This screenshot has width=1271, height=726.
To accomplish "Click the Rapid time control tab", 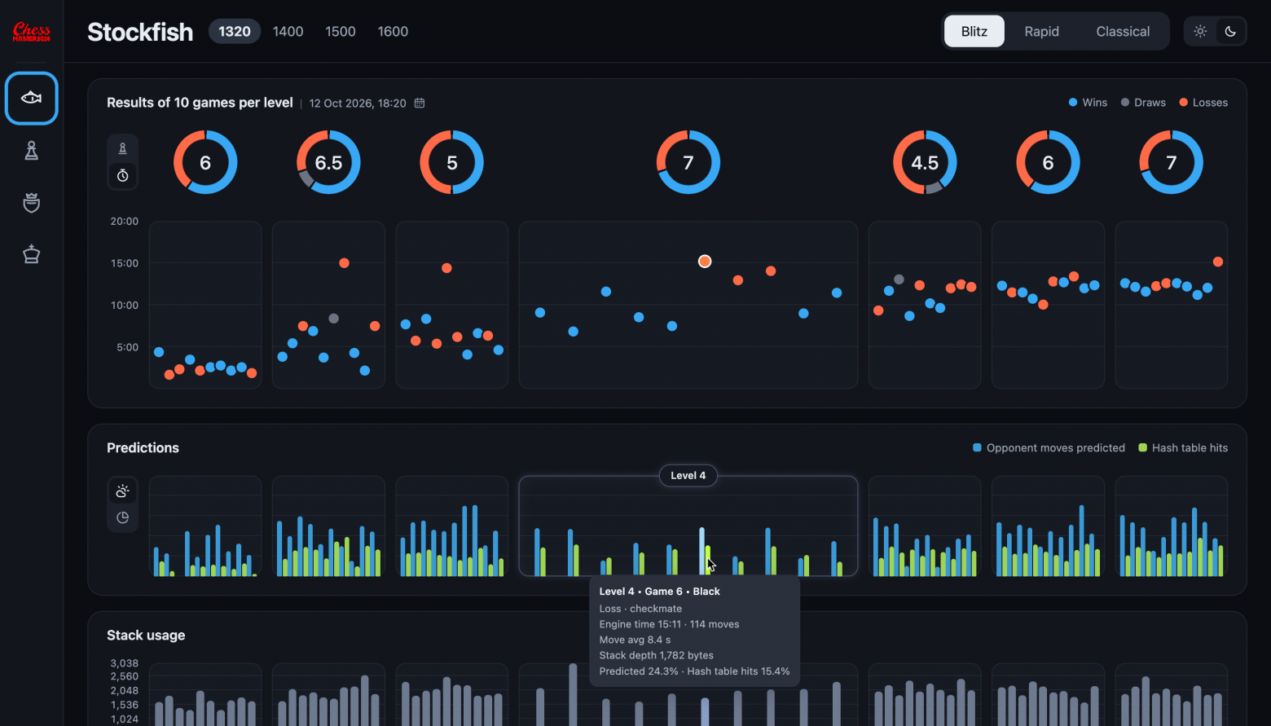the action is (x=1041, y=31).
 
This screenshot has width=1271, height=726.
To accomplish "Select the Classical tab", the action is (x=1123, y=31).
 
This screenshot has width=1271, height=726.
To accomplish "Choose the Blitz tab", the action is (x=974, y=31).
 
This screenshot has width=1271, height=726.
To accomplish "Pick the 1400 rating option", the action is (x=288, y=31).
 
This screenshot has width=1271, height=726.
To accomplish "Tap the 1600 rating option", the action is (x=393, y=31).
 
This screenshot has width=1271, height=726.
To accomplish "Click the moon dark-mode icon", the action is (x=1230, y=31).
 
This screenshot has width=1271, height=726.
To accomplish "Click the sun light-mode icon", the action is (x=1200, y=31).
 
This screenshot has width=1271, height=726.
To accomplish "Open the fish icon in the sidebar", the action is (x=31, y=99).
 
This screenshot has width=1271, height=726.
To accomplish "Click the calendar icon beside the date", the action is (x=420, y=103).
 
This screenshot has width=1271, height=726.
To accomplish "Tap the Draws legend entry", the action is (x=1143, y=103).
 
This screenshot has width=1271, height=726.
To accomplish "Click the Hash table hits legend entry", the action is (x=1183, y=448).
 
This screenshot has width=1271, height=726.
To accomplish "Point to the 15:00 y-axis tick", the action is (x=125, y=263).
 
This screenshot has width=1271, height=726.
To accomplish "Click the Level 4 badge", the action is (x=688, y=476).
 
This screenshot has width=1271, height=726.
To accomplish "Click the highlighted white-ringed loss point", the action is (x=704, y=261).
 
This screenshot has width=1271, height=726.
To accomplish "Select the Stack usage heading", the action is (x=146, y=636).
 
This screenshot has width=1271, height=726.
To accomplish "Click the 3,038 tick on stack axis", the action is (x=125, y=663).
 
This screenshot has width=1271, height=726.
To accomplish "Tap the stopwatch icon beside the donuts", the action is (x=122, y=176).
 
